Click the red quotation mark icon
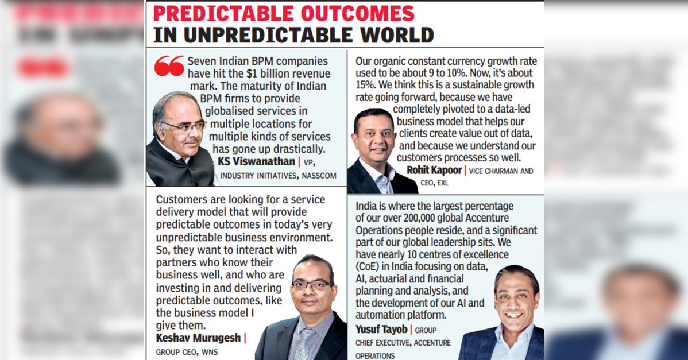(x=169, y=66)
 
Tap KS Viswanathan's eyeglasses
(x=184, y=125)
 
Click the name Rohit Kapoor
(x=434, y=170)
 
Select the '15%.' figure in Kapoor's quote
(x=365, y=85)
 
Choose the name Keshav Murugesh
(x=199, y=338)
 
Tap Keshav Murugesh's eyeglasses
(x=311, y=284)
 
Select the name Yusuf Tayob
(x=381, y=330)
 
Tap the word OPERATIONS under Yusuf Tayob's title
(x=375, y=355)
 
